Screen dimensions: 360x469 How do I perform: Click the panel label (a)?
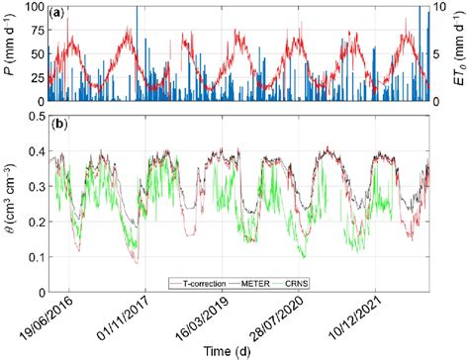pos(57,13)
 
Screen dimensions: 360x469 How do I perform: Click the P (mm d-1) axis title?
pos(9,54)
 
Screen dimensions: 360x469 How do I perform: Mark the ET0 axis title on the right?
pos(460,54)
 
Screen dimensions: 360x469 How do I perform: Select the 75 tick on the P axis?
pos(36,31)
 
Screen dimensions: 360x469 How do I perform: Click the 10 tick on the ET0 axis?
pos(442,7)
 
